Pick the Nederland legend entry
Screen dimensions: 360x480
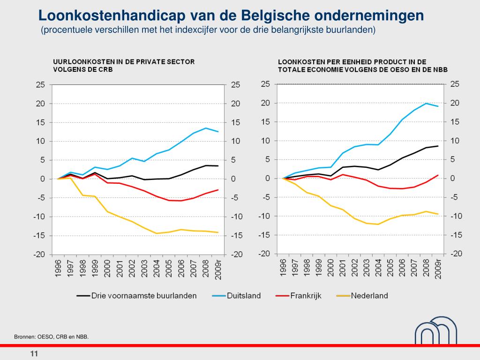coord(370,296)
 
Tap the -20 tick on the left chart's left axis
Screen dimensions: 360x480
coord(38,255)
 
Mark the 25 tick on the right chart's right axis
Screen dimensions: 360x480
coord(455,84)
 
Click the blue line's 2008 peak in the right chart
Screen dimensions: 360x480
coord(426,103)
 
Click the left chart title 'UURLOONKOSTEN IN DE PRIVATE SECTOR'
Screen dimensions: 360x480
coord(124,61)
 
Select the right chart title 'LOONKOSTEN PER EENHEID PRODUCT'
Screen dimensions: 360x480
coord(352,61)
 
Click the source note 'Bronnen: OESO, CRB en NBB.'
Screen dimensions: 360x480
coord(51,337)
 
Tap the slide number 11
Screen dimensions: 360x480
coord(34,353)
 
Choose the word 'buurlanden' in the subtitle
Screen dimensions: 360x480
coord(355,30)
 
